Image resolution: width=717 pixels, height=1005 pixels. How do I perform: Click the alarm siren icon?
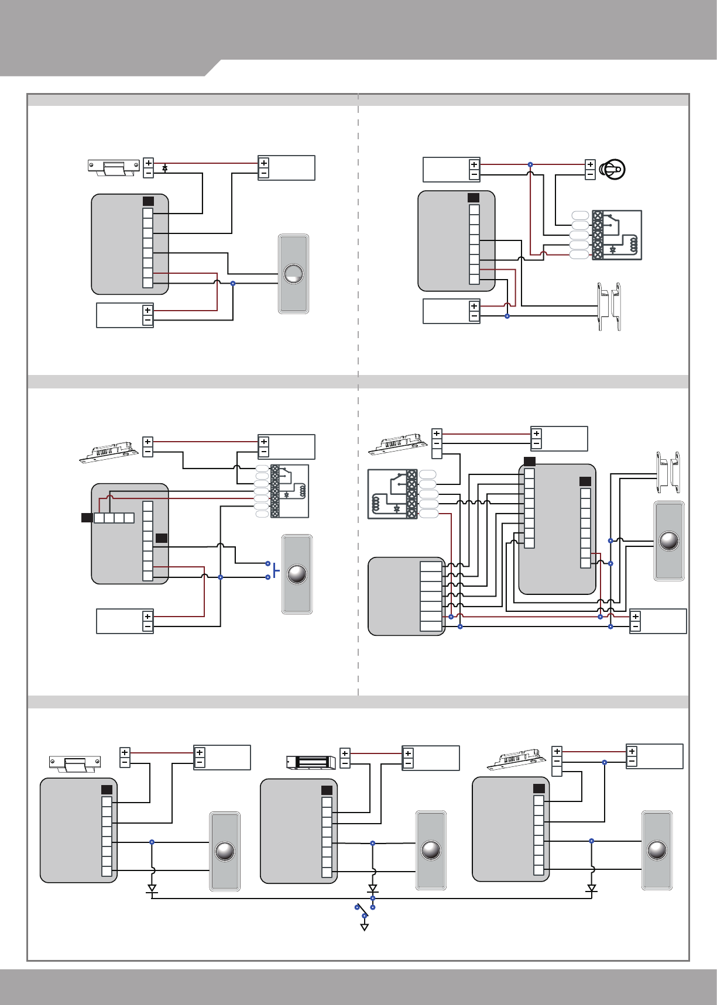click(613, 170)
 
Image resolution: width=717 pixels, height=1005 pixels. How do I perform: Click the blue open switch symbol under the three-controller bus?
click(364, 912)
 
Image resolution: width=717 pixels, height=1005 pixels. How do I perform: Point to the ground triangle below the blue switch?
click(365, 927)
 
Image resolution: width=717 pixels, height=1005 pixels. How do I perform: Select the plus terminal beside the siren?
click(590, 165)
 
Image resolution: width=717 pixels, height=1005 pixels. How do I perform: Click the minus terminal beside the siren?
click(590, 174)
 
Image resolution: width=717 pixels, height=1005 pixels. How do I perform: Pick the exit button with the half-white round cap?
click(293, 274)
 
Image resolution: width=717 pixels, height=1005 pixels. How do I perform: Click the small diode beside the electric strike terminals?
click(165, 168)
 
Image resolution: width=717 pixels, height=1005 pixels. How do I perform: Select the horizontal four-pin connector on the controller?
click(114, 518)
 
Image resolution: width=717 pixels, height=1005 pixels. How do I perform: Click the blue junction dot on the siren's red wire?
click(530, 164)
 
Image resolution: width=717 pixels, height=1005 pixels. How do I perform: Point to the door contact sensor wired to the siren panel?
click(609, 307)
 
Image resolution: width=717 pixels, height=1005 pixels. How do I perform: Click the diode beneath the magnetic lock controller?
click(373, 889)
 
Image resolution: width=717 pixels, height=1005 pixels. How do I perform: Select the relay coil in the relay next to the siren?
click(632, 245)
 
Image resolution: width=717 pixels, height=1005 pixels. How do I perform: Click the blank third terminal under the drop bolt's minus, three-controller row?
click(557, 771)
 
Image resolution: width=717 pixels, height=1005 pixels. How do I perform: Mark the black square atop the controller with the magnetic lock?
click(327, 790)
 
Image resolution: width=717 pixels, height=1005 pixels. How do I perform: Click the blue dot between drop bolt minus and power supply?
click(605, 762)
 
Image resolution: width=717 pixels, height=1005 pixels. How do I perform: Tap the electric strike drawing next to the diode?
click(114, 168)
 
